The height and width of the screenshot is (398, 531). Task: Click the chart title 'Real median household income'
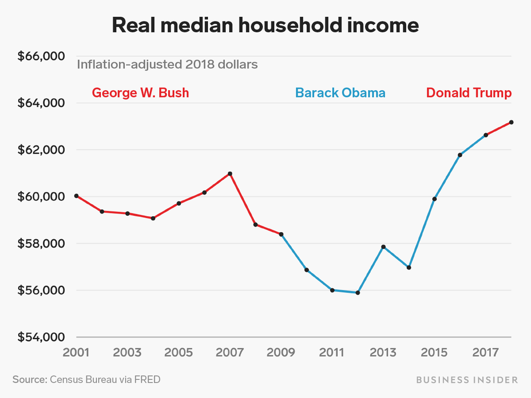pos(265,26)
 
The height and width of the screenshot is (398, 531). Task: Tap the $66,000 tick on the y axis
pos(40,57)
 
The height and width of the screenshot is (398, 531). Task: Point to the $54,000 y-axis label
pos(40,337)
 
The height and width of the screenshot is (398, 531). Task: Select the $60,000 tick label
pos(40,197)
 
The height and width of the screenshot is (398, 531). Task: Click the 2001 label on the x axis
pos(76,352)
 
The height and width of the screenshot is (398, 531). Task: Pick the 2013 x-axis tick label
pos(383,352)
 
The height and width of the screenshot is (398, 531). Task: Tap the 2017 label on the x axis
pos(486,352)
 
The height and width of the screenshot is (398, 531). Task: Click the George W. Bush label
pos(140,92)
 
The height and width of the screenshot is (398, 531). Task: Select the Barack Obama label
pos(340,92)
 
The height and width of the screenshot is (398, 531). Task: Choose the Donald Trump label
pos(469,92)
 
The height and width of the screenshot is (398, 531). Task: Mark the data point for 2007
pos(230,174)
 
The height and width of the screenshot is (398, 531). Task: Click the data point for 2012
pos(358,293)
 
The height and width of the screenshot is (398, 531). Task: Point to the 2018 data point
pos(511,122)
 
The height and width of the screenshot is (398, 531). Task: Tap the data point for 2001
pos(76,196)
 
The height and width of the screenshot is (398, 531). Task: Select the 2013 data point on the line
pos(383,247)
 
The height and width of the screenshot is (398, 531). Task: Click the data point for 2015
pos(435,199)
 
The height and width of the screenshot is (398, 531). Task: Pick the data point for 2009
pos(281,235)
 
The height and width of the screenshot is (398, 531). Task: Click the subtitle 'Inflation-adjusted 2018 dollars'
pos(167,64)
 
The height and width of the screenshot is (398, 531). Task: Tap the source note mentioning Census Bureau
pos(86,379)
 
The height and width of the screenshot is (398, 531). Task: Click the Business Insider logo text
pos(466,380)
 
